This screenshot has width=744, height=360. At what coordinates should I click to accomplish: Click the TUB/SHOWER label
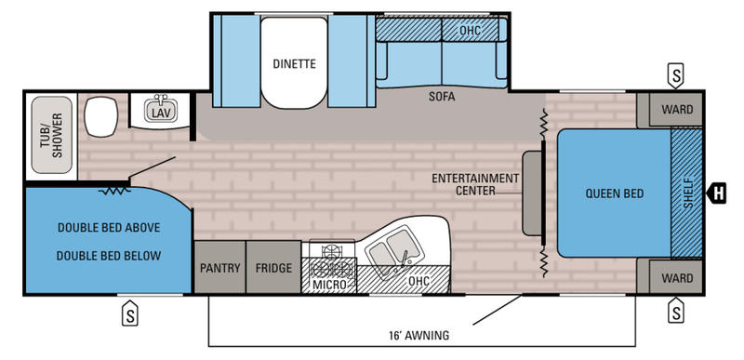pyautogui.click(x=51, y=135)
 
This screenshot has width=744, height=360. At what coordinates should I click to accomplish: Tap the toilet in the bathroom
pyautogui.click(x=100, y=116)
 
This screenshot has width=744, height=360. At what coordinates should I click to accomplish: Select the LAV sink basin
pyautogui.click(x=160, y=110)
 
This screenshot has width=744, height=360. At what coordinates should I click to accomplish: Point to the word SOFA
pyautogui.click(x=442, y=97)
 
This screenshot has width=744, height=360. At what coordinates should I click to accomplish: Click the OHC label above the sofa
pyautogui.click(x=470, y=31)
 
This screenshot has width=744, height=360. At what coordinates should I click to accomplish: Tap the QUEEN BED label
pyautogui.click(x=615, y=193)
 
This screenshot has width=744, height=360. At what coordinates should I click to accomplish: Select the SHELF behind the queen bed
pyautogui.click(x=686, y=193)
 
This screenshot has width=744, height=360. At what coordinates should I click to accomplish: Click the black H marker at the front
pyautogui.click(x=716, y=193)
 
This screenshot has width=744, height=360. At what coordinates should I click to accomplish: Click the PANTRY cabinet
pyautogui.click(x=220, y=267)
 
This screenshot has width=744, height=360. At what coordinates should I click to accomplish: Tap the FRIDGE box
pyautogui.click(x=273, y=267)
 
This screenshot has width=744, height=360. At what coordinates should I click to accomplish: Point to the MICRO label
pyautogui.click(x=328, y=284)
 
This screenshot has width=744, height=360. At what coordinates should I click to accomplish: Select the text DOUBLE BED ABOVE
pyautogui.click(x=109, y=227)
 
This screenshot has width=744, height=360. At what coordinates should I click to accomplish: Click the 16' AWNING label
pyautogui.click(x=418, y=335)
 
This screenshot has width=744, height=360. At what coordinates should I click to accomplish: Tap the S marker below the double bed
pyautogui.click(x=129, y=313)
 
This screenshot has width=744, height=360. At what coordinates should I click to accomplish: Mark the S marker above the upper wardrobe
pyautogui.click(x=675, y=76)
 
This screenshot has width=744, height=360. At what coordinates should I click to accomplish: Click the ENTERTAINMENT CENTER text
pyautogui.click(x=475, y=184)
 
